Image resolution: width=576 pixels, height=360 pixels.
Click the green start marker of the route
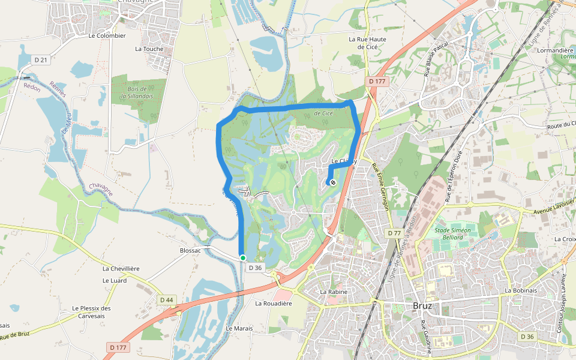243,257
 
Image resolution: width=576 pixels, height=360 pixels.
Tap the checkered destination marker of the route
333,182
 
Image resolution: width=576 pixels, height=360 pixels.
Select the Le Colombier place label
107,35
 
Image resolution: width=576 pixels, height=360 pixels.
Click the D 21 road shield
40,59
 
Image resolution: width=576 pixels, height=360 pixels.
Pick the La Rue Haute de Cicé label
367,43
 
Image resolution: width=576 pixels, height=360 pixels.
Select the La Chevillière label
121,268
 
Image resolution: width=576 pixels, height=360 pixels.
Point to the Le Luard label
115,280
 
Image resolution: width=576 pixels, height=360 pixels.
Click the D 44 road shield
166,299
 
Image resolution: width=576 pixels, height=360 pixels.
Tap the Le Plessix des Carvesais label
92,312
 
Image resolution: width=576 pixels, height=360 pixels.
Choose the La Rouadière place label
274,304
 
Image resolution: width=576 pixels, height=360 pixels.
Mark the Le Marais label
239,329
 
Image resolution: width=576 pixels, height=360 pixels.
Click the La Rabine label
334,292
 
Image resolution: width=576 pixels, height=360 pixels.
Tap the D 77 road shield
394,233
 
